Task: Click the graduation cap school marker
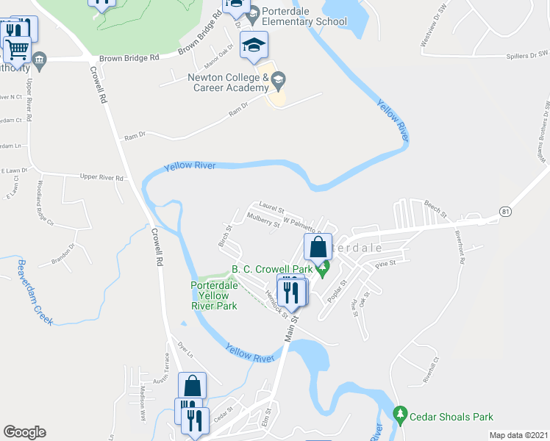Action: coord(254,46)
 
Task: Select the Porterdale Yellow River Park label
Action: coord(213,295)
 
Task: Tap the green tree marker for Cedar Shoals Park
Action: coord(400,415)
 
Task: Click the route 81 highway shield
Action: coord(504,212)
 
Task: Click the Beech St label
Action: coord(435,208)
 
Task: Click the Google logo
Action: coord(24,432)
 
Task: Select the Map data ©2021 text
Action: coord(519,435)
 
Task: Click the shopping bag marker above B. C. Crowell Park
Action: coord(318,247)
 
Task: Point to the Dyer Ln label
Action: coord(185,350)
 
